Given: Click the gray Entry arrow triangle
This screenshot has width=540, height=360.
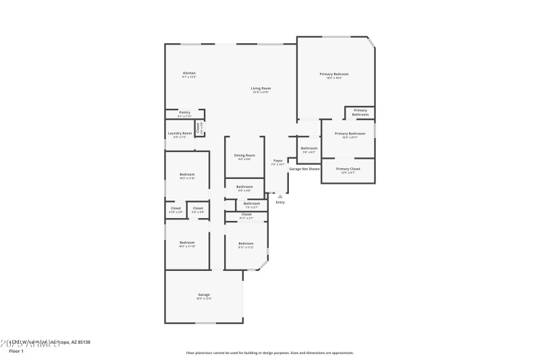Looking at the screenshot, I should [280, 197].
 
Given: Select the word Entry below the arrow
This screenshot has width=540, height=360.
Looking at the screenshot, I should [280, 203].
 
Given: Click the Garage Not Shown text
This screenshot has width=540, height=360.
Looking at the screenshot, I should [304, 169].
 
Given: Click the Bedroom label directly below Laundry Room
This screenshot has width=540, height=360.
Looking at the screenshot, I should [187, 176].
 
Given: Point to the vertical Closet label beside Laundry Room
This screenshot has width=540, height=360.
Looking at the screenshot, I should [198, 127].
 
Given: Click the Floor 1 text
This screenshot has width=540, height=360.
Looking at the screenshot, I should [16, 351].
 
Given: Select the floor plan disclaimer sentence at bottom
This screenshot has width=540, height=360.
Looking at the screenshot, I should [269, 353].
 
